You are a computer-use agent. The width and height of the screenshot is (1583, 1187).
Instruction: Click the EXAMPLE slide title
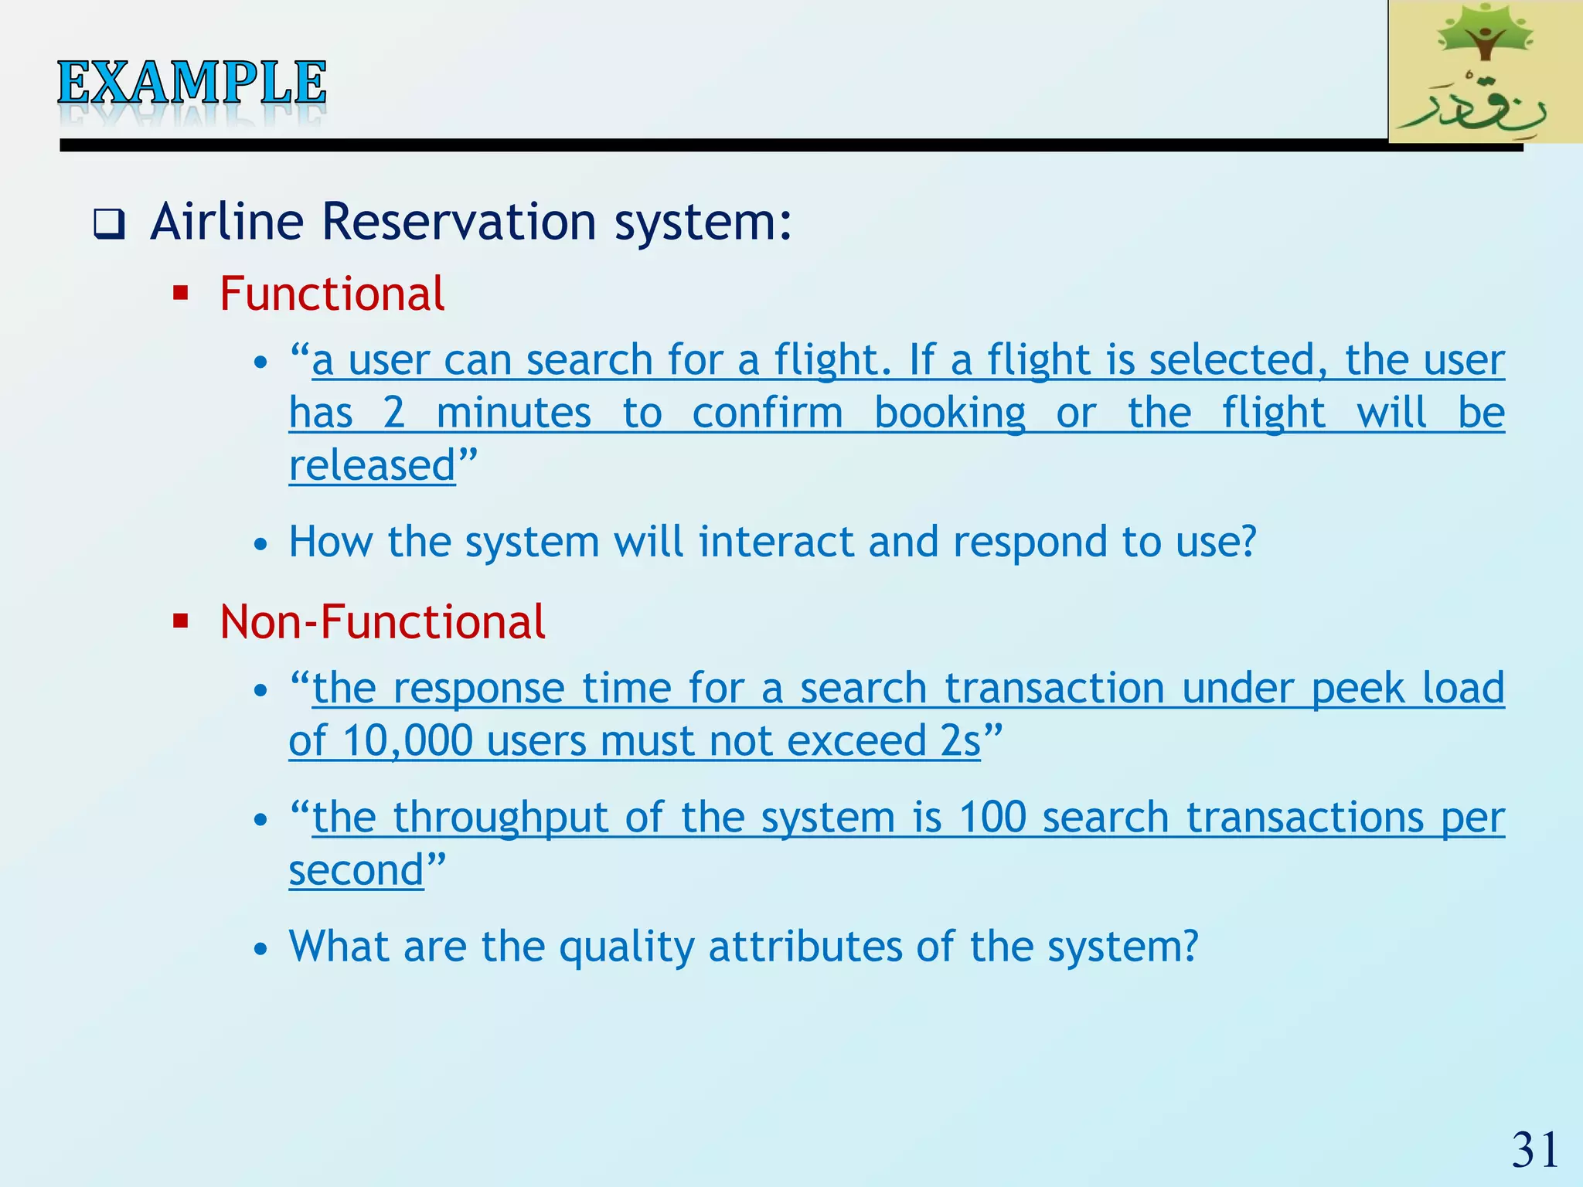[192, 83]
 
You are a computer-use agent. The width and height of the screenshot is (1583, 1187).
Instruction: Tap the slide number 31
[1535, 1150]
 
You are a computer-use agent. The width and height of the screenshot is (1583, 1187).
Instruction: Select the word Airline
[226, 222]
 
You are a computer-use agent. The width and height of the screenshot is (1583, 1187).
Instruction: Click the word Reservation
[459, 222]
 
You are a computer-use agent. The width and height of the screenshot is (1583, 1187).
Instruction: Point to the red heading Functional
[332, 294]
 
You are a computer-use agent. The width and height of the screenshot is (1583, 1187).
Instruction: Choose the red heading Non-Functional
[382, 622]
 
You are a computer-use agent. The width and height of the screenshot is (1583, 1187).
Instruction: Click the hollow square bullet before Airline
[109, 225]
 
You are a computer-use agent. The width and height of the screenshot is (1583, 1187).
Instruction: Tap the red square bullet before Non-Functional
[181, 621]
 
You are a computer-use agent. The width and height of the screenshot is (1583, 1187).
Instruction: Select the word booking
[950, 413]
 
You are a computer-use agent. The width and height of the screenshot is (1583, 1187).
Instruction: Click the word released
[372, 465]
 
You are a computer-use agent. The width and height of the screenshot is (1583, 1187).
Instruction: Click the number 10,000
[407, 740]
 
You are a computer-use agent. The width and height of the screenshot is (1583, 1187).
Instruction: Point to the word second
[356, 870]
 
